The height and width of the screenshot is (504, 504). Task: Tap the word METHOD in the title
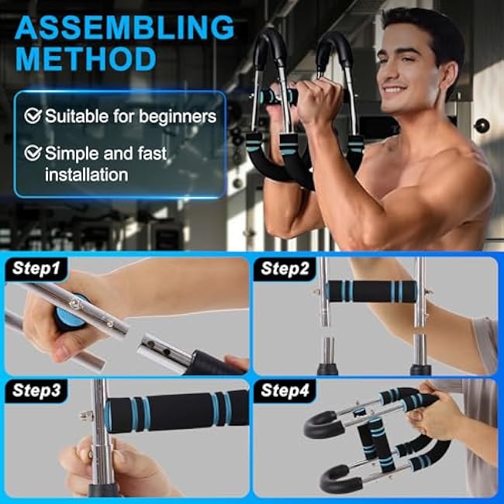coord(85,59)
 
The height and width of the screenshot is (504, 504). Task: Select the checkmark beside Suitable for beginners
coord(33,116)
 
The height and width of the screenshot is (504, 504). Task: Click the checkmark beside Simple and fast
coord(33,153)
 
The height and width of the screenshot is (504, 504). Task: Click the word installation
coord(86,174)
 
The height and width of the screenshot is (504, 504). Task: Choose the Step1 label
coord(36,269)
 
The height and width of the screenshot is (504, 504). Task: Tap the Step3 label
coord(36,391)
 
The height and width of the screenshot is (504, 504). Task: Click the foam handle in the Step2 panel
coord(369,292)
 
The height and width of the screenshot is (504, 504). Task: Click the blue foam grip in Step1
coord(71,316)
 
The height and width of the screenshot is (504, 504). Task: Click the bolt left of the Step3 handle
coord(82,416)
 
